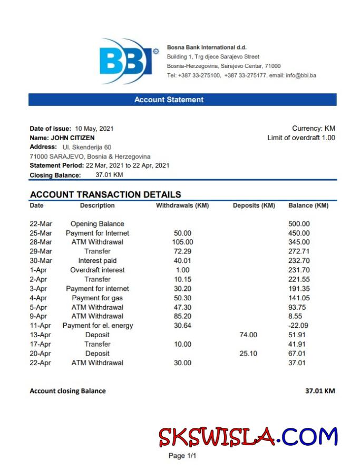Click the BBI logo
click(x=127, y=61)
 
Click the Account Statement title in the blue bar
click(x=169, y=100)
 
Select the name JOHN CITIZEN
click(x=76, y=138)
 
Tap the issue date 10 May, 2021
click(x=94, y=129)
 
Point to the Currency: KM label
click(x=313, y=129)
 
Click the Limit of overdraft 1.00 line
click(x=301, y=138)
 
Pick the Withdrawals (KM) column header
click(x=182, y=205)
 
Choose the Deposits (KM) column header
click(x=254, y=205)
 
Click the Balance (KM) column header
click(x=308, y=205)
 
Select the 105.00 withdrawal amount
click(x=183, y=242)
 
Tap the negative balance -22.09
click(x=299, y=326)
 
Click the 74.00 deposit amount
click(x=248, y=335)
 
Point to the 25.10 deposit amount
click(x=248, y=354)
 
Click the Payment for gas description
click(x=98, y=298)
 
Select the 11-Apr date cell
click(x=41, y=326)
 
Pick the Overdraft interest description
click(x=98, y=270)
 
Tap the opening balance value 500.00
click(x=299, y=224)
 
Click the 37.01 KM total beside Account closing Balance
click(x=320, y=391)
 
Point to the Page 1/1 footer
click(x=182, y=456)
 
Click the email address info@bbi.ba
click(x=301, y=76)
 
